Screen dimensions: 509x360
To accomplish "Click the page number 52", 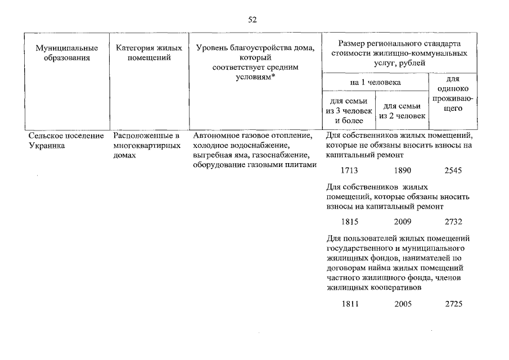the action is [x=252, y=20].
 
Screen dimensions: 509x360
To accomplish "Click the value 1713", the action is [x=349, y=170].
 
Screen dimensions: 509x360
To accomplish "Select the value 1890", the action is [x=403, y=170].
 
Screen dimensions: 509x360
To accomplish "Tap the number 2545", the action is [x=453, y=170].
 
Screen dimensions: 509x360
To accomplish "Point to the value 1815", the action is [x=350, y=222].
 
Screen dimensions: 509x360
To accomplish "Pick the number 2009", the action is [x=403, y=222].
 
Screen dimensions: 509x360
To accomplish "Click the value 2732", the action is [x=453, y=222].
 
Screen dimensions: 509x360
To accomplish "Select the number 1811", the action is [x=350, y=304].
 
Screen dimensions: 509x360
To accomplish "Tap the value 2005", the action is [x=403, y=304].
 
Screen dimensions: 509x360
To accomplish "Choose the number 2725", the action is [x=454, y=304].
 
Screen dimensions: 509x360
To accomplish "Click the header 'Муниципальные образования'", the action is [x=67, y=53].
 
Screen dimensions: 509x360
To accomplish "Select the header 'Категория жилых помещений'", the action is [x=149, y=53].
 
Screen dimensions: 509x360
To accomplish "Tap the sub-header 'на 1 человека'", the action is [x=375, y=83].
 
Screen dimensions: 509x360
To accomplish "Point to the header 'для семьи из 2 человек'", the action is [x=402, y=111].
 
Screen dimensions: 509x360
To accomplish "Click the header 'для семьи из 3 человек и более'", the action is [x=349, y=111].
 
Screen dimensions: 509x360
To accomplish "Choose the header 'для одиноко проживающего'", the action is [x=453, y=93].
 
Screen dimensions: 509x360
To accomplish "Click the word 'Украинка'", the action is [x=47, y=146].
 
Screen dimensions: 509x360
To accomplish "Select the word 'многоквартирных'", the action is [x=147, y=146].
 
